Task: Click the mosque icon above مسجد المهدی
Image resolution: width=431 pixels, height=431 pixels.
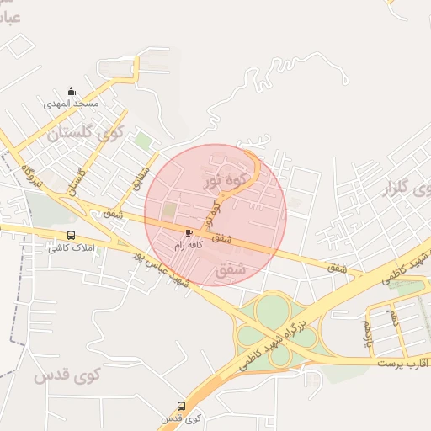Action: click(x=71, y=92)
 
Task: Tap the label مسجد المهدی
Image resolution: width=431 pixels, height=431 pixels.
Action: click(x=72, y=104)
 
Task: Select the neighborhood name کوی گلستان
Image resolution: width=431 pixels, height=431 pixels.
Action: click(x=85, y=133)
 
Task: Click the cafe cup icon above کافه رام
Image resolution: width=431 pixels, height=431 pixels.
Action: click(x=189, y=233)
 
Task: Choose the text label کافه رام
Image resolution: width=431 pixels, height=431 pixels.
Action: click(x=189, y=245)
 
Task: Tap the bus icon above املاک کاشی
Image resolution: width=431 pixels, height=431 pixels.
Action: click(x=71, y=236)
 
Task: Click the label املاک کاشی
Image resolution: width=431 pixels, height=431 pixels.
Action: click(x=71, y=247)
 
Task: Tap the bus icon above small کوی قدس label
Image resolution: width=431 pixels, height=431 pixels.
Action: click(x=182, y=406)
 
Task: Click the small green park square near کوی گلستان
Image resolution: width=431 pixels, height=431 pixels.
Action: click(x=144, y=141)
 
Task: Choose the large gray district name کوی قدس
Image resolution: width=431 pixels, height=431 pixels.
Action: click(x=67, y=375)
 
